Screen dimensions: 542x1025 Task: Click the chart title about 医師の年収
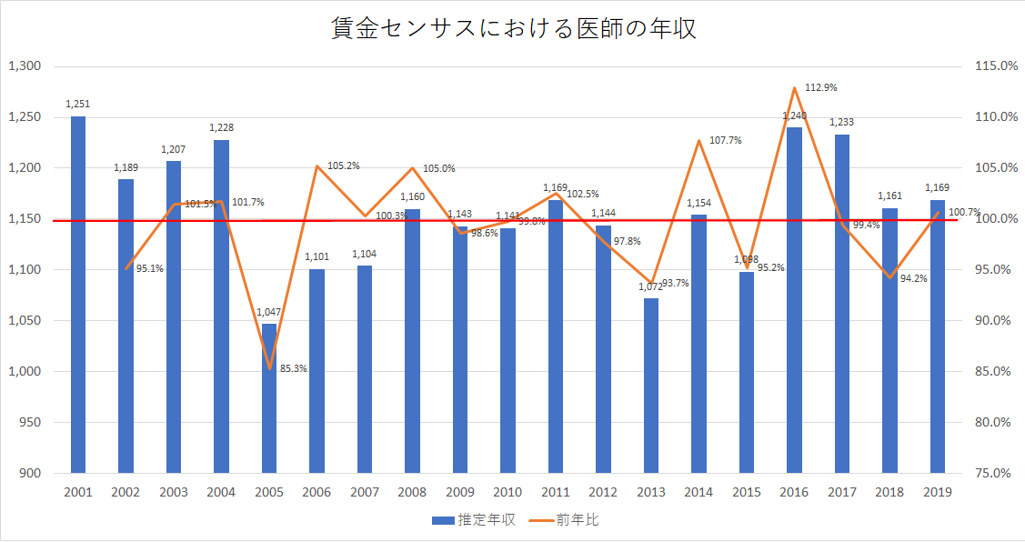click(512, 28)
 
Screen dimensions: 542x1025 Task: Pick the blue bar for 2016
click(794, 299)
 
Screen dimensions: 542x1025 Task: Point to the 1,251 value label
click(78, 105)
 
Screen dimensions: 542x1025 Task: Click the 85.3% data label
click(294, 368)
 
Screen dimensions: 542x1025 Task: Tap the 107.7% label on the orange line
click(726, 140)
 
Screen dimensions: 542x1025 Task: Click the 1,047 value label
click(269, 312)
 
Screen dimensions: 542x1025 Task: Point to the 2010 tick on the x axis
click(507, 492)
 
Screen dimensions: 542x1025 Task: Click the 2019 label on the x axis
click(938, 492)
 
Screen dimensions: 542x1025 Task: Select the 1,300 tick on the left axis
click(25, 66)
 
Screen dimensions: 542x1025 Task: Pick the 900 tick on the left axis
click(30, 473)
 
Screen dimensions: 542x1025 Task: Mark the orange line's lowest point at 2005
click(269, 368)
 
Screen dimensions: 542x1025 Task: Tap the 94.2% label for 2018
click(914, 278)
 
